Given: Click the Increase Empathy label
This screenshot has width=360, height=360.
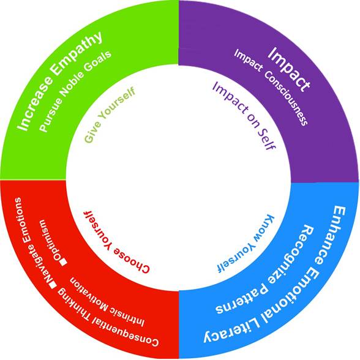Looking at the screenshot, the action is coord(60,80).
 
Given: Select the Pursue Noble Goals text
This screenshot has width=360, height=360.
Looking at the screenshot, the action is coord(75,91).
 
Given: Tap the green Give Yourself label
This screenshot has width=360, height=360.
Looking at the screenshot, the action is coord(110,115).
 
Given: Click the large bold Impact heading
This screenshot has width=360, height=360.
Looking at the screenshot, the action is coord(289,69).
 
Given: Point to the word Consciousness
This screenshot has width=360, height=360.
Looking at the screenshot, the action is coord(286,98).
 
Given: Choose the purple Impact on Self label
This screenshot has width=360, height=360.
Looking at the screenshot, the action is coord(244,116).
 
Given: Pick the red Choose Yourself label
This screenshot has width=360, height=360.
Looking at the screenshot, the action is coord(116,242).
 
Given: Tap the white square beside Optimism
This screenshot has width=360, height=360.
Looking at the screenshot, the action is coord(63,263).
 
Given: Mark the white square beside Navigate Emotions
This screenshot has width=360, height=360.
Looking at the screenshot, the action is coord(53,285).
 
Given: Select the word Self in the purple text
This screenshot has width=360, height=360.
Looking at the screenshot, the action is coord(267,140).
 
